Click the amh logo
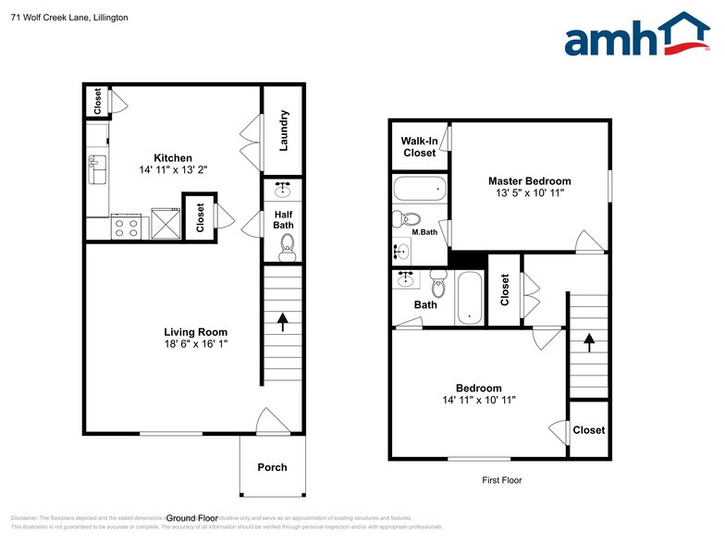click(636, 36)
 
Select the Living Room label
click(195, 332)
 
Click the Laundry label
click(285, 130)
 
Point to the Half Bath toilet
click(287, 245)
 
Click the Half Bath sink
click(283, 191)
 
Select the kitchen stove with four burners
click(126, 227)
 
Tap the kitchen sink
click(96, 170)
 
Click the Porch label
click(272, 467)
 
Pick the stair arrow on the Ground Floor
click(283, 321)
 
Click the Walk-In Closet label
click(419, 147)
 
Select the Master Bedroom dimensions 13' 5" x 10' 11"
click(529, 193)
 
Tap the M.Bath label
click(424, 232)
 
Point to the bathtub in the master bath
click(420, 190)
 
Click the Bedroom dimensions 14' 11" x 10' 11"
click(478, 401)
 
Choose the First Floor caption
click(502, 480)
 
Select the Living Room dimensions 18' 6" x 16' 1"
click(195, 344)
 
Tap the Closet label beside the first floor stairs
click(588, 430)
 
